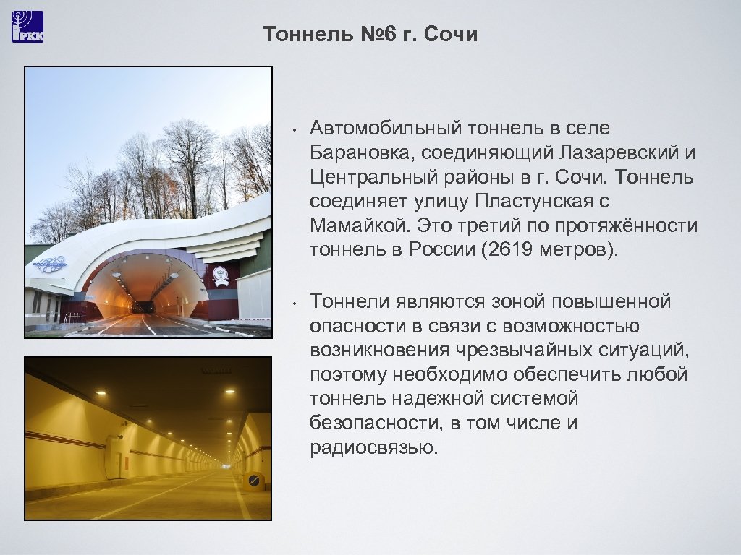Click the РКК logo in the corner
(x=27, y=27)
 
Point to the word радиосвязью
(x=373, y=447)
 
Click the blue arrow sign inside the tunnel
(x=253, y=481)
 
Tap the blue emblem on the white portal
(x=50, y=265)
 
